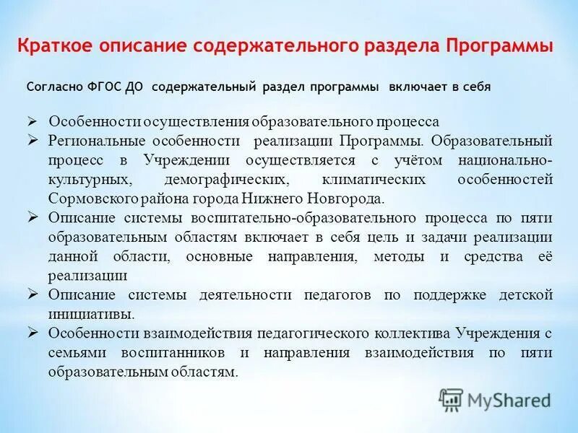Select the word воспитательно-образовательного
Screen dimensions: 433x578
click(289, 218)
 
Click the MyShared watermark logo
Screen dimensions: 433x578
click(494, 399)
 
